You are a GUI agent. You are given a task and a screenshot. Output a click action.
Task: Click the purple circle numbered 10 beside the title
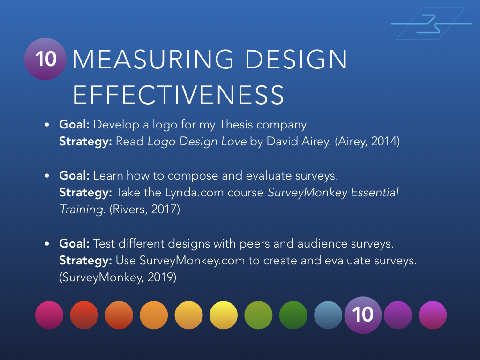(45, 59)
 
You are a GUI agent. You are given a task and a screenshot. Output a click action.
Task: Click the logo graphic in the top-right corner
(431, 23)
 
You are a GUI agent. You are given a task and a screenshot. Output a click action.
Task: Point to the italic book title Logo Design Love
(197, 141)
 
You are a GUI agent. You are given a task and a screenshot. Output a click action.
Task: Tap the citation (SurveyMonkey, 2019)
(118, 277)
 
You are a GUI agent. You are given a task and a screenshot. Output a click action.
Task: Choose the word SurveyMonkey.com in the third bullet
(192, 261)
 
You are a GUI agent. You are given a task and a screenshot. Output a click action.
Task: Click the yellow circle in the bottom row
(224, 315)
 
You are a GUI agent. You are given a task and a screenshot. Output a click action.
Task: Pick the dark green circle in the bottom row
(293, 315)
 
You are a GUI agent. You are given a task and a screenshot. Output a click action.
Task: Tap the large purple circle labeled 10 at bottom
(363, 315)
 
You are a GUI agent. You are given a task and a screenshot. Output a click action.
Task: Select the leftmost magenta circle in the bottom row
(49, 315)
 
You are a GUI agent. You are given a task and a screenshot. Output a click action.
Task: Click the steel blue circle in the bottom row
(328, 315)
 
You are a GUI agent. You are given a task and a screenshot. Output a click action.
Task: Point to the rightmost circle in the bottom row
(433, 315)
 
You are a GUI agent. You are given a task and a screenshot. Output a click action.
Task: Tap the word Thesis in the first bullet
(227, 125)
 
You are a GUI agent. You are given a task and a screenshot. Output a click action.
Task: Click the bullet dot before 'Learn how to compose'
(47, 176)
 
